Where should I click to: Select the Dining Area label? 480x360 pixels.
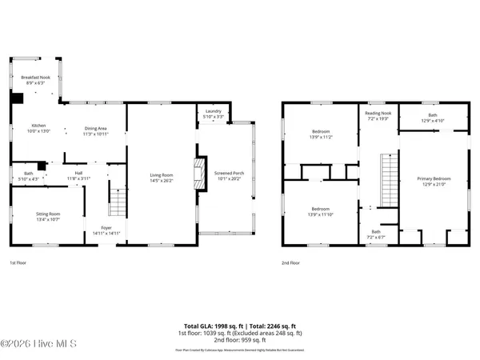click(96, 130)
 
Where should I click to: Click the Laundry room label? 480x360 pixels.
click(213, 114)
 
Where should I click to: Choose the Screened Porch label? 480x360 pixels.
click(224, 176)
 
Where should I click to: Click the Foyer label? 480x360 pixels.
click(106, 230)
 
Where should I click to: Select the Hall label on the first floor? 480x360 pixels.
click(79, 174)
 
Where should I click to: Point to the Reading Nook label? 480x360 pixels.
click(378, 116)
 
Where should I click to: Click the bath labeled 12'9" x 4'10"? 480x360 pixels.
click(432, 118)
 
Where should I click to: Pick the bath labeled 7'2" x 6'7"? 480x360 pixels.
click(375, 235)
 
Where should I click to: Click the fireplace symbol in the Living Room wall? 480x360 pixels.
click(193, 170)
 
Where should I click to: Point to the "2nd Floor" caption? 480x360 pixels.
click(290, 262)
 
